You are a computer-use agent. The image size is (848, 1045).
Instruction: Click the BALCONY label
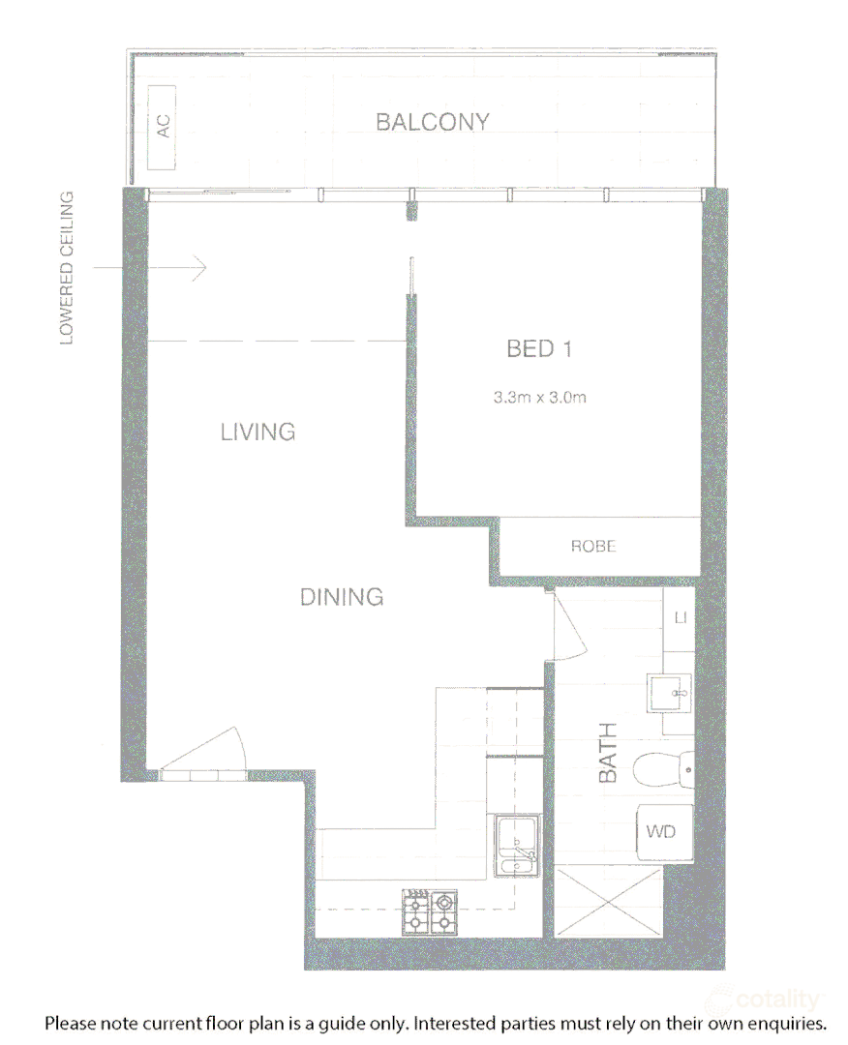click(433, 123)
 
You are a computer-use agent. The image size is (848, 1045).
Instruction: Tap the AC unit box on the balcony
click(163, 125)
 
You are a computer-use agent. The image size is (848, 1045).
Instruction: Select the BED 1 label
click(539, 348)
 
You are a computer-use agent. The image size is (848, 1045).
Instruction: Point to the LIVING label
click(257, 432)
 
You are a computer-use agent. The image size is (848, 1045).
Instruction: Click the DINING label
click(342, 597)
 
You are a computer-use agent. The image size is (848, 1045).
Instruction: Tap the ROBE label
click(593, 547)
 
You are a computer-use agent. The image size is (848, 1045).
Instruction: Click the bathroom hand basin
click(671, 692)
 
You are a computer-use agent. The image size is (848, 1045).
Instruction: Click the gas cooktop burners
click(430, 911)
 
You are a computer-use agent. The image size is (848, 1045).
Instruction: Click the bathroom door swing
click(566, 629)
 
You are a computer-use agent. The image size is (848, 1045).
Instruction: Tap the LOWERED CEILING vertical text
click(67, 268)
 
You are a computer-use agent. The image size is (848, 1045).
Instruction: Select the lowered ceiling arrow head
click(200, 267)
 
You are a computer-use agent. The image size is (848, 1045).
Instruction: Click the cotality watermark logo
click(765, 999)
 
